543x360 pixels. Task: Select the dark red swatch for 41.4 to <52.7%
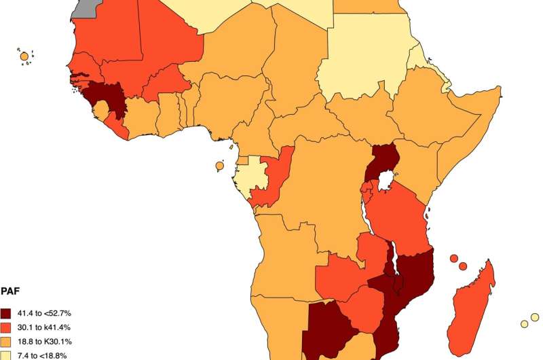(6, 313)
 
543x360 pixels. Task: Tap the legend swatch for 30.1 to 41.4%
(6, 327)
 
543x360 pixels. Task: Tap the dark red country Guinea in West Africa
(109, 102)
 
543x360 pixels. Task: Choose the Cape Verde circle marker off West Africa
(24, 56)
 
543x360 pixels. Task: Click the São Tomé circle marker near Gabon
(219, 165)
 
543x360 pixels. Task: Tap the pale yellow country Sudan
(367, 61)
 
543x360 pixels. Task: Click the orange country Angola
(285, 251)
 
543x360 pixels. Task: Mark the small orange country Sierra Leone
(101, 109)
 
